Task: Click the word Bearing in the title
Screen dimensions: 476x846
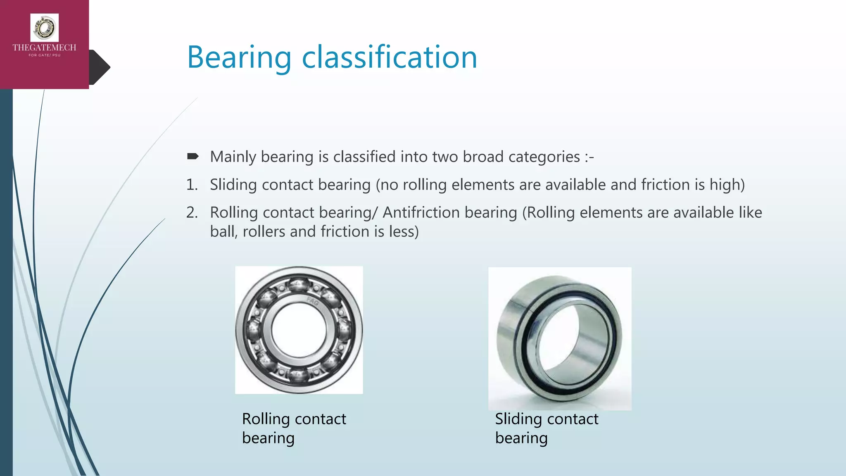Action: (239, 58)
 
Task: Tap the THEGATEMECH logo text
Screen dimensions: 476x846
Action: (44, 48)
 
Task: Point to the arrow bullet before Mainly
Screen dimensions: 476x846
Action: (193, 156)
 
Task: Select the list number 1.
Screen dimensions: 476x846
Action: (192, 185)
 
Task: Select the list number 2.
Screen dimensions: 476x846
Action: (192, 212)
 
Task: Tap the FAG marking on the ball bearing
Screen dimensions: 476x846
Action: (312, 302)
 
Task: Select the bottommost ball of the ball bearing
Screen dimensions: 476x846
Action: (299, 376)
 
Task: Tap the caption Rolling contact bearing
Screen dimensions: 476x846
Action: (294, 428)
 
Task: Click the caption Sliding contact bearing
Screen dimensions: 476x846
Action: (546, 428)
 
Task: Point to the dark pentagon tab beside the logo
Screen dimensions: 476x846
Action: (100, 67)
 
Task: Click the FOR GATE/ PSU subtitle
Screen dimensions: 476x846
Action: (44, 55)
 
